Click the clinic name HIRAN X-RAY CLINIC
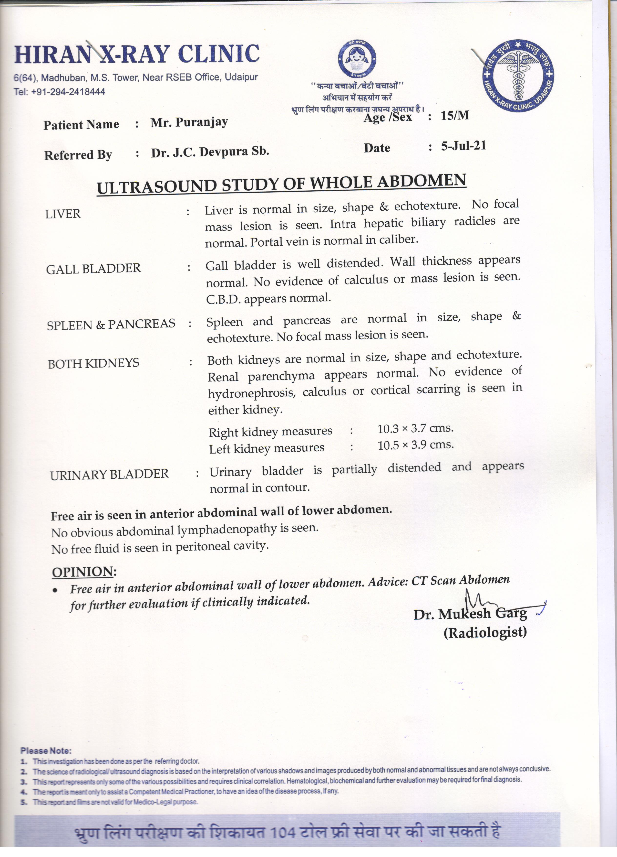(x=137, y=54)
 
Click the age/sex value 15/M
(x=455, y=115)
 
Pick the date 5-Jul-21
(x=463, y=146)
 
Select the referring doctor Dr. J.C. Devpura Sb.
(x=210, y=152)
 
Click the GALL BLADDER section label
(x=93, y=269)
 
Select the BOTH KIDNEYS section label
(x=93, y=363)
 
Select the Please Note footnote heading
(x=46, y=750)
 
